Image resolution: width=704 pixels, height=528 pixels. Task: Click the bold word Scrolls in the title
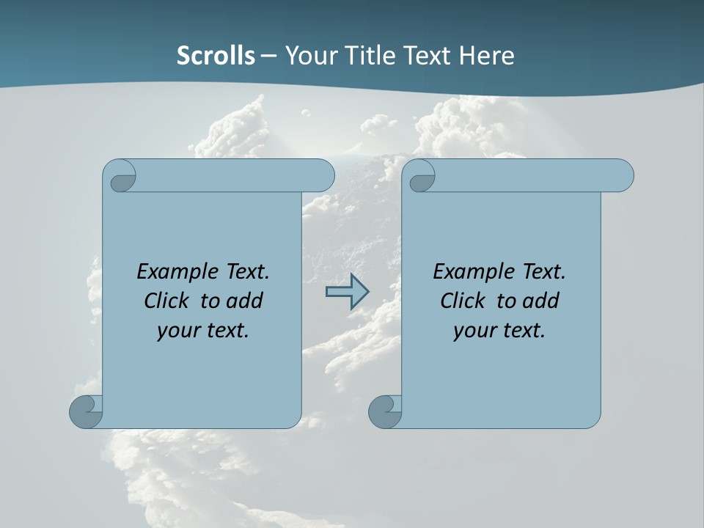tap(216, 56)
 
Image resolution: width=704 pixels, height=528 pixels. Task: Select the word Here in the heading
tap(487, 56)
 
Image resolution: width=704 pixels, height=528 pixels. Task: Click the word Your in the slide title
tap(307, 56)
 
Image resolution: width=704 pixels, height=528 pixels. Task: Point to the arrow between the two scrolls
tap(346, 292)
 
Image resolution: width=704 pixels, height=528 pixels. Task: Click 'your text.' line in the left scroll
tap(203, 330)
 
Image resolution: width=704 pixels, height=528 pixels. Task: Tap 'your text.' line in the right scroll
tap(499, 330)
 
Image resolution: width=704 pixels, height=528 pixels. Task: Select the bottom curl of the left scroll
tap(85, 411)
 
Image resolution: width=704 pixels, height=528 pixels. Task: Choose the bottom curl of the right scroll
tap(384, 411)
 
